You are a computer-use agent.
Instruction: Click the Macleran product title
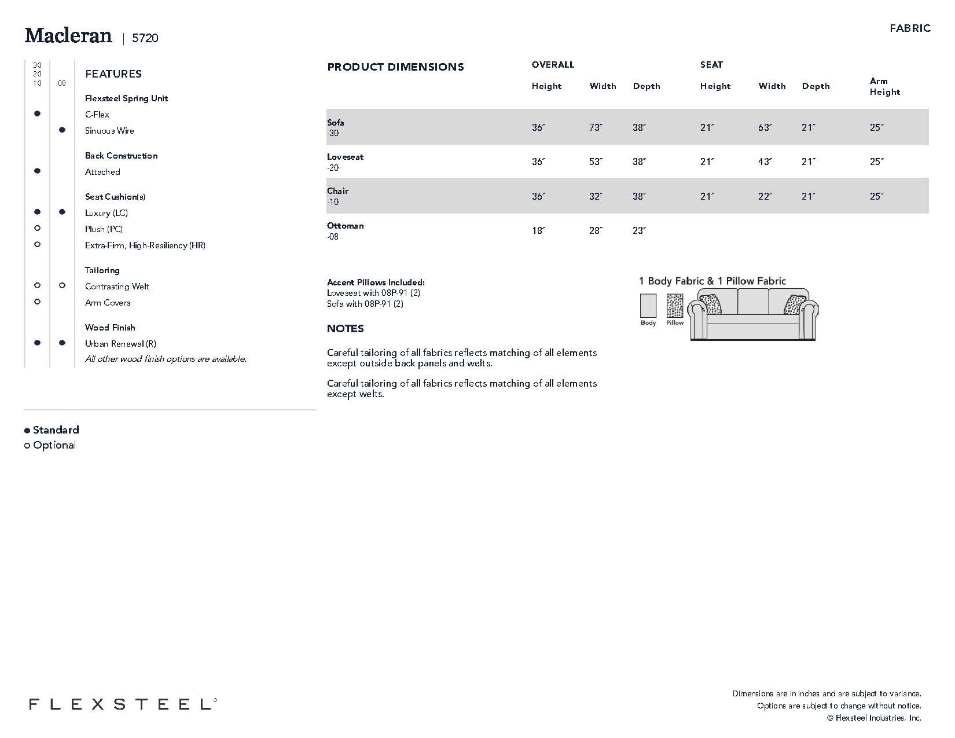pos(68,36)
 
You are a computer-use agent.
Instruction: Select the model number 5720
pos(145,38)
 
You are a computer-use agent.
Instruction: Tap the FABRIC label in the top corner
pos(910,28)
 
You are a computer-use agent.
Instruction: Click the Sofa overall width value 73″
pos(596,127)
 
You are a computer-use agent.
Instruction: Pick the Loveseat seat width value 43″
pos(765,162)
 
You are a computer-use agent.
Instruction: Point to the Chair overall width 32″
pos(596,196)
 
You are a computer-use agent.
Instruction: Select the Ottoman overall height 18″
pos(538,230)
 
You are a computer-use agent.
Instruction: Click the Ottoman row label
pos(345,226)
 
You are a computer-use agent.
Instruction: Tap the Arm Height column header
pos(885,86)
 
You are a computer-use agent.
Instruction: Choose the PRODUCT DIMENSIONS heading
pos(395,67)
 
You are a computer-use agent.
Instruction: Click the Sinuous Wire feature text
pos(109,131)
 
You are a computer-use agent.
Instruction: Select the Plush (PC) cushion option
pos(104,229)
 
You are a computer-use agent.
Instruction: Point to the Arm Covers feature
pos(108,303)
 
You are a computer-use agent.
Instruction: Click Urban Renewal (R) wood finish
pos(120,344)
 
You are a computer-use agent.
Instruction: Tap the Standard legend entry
pos(56,430)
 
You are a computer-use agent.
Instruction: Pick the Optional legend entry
pos(54,445)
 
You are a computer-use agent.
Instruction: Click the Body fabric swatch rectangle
pos(648,306)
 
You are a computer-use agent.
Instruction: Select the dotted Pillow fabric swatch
pos(674,306)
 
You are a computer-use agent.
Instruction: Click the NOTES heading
pos(345,329)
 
